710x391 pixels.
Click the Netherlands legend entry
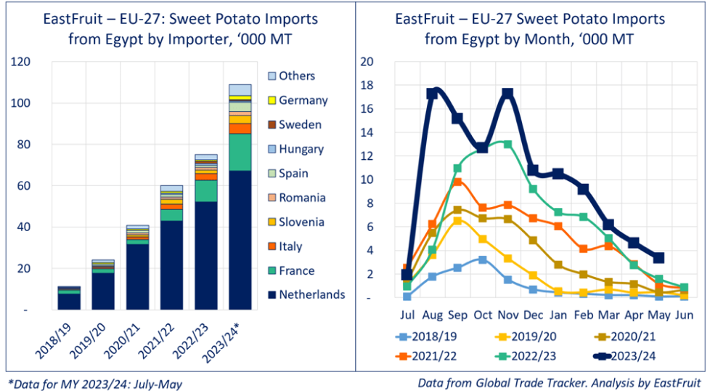point(311,294)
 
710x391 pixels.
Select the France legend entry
point(296,270)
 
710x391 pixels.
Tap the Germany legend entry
point(303,100)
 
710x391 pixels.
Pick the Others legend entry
point(296,76)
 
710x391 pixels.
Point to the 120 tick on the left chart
point(20,62)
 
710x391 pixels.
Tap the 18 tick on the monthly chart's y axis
point(367,86)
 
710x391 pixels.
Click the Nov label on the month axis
point(507,315)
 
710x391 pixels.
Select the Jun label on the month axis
point(684,315)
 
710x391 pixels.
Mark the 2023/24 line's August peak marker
point(432,93)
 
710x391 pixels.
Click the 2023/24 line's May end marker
point(658,257)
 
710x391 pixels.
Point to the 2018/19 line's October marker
point(482,259)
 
